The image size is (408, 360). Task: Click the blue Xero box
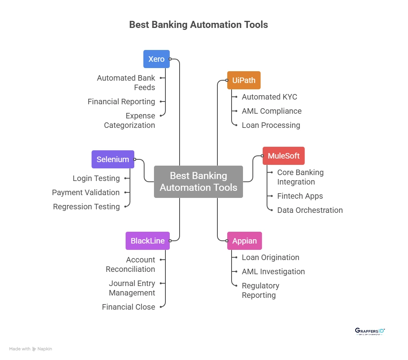coord(156,59)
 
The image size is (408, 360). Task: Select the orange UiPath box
coord(244,80)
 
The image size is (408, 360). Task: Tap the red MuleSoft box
coord(284,156)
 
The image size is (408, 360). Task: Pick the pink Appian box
coord(244,241)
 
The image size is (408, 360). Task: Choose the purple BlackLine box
coord(148,241)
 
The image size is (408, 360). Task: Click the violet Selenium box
coord(113,159)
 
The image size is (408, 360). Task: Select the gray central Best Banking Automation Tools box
coord(198,181)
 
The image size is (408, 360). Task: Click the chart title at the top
coord(198,24)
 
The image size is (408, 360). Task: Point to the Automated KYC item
coord(269,97)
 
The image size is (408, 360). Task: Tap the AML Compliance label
coord(271,111)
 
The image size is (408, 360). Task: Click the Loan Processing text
coord(271,125)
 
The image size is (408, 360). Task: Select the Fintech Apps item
coord(300,196)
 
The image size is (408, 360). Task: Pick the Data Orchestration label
coord(310,210)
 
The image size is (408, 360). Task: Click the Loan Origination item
coord(270,257)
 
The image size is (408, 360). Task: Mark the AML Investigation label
coord(273,271)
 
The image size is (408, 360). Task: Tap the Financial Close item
coord(128,307)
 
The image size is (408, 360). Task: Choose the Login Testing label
coord(96,178)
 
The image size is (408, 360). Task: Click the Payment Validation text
coord(86,192)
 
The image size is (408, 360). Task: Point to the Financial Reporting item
coord(121,102)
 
